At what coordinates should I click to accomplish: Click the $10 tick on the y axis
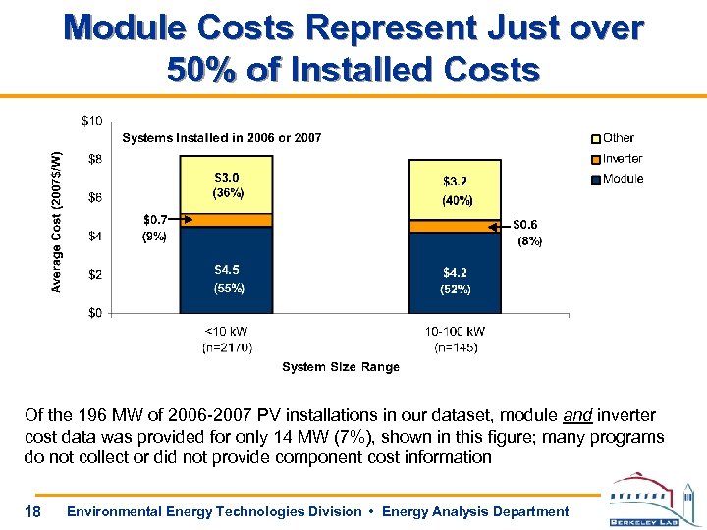tap(90, 121)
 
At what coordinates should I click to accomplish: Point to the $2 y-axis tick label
tap(93, 274)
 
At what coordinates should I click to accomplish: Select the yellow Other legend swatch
tap(594, 138)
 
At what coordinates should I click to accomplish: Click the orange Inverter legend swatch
tap(594, 159)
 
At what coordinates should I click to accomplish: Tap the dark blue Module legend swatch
tap(594, 179)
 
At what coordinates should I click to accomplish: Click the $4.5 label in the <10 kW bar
tap(228, 269)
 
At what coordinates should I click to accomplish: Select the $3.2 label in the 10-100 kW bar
tap(456, 181)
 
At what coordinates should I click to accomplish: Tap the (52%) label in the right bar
tap(456, 290)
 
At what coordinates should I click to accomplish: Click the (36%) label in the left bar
tap(228, 193)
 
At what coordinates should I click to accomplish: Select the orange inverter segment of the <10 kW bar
tap(228, 220)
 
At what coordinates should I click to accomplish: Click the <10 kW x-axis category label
tap(228, 332)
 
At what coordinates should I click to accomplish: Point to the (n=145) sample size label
tap(456, 347)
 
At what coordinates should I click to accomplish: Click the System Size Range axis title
tap(341, 367)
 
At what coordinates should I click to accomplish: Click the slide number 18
tap(33, 511)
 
